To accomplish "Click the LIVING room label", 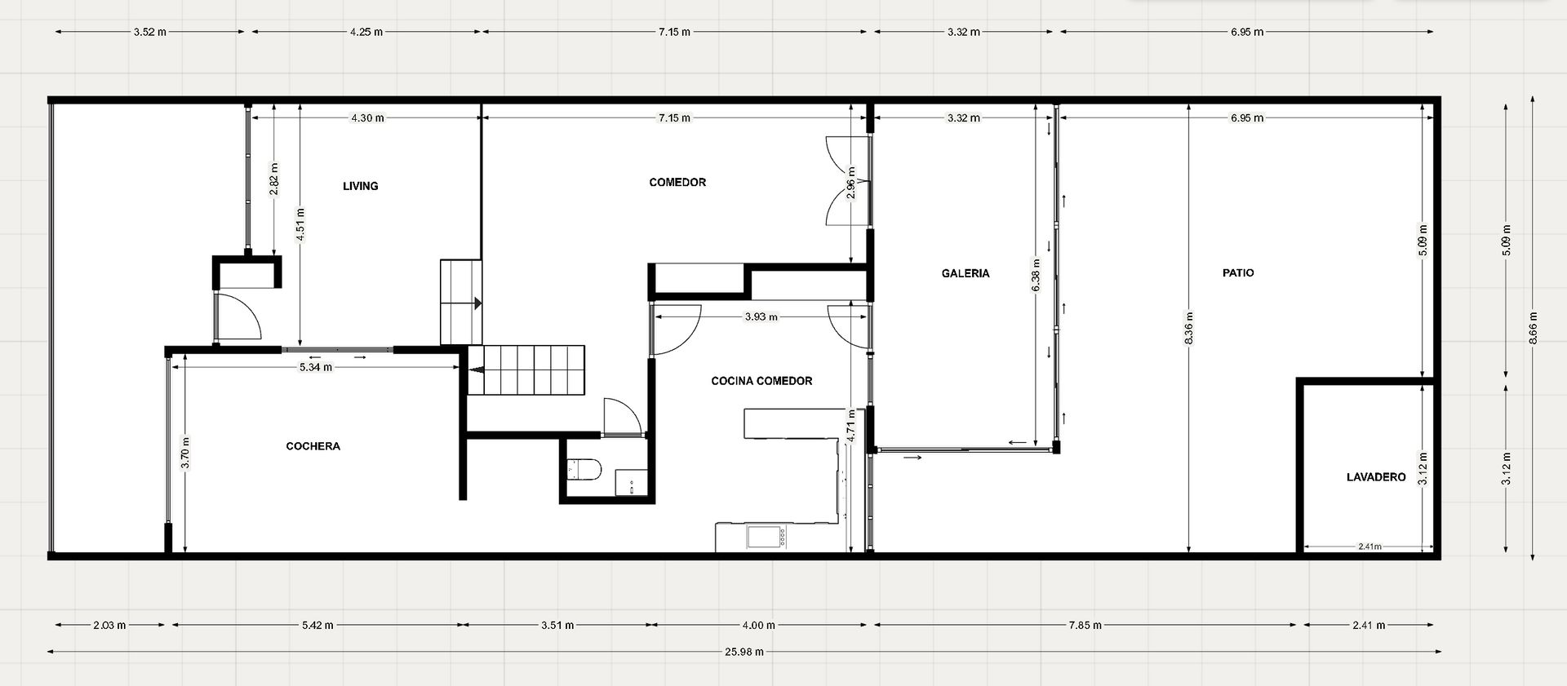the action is [360, 186].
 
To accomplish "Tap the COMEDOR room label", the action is [677, 182].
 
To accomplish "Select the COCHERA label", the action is [313, 446].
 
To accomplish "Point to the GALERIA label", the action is [966, 273].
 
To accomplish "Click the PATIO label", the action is [1238, 272].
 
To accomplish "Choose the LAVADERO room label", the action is [1376, 477].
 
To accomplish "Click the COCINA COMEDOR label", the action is [761, 381].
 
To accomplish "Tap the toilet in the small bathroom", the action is [584, 469].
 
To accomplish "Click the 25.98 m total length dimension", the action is [744, 652].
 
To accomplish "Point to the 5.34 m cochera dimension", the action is [316, 367].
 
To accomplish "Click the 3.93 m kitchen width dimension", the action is [761, 316].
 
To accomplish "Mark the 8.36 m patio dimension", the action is [1189, 327].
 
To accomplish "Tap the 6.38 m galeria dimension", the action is [1037, 275].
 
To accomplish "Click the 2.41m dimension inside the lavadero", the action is [1369, 547].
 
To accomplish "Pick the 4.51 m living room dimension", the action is [300, 221].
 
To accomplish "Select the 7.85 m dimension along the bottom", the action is [1085, 626].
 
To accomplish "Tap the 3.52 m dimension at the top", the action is [150, 32].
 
